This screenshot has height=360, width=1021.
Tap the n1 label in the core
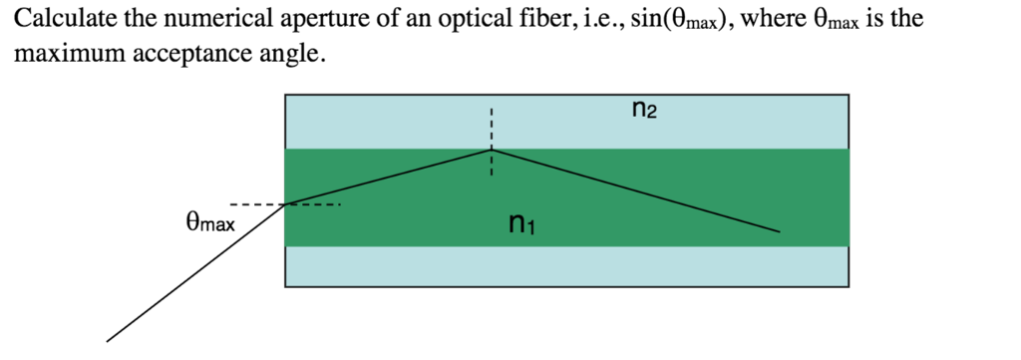[521, 225]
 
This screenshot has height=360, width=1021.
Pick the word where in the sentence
[771, 19]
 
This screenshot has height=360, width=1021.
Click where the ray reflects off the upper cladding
[491, 150]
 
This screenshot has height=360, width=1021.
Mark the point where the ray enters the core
[285, 204]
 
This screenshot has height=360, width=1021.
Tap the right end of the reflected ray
[778, 232]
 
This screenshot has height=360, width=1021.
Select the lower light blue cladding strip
[566, 266]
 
